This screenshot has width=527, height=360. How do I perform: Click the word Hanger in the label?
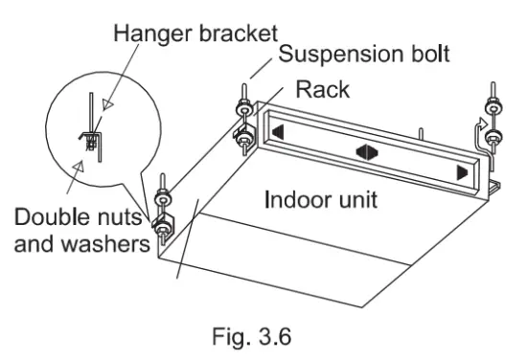click(153, 34)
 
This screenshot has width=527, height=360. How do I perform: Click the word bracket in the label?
click(239, 33)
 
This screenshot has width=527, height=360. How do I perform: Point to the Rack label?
click(323, 90)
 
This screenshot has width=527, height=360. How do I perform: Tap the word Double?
click(53, 216)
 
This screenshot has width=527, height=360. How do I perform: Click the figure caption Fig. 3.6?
click(252, 336)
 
